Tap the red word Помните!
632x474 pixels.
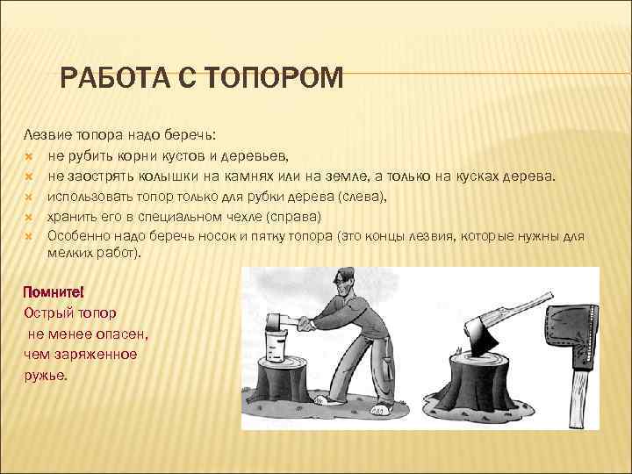click(54, 292)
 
